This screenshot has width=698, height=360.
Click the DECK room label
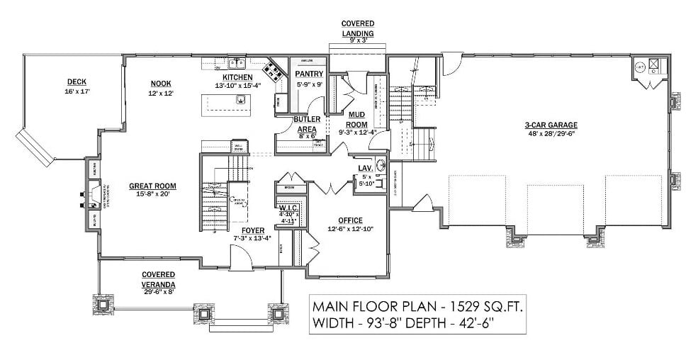tap(77, 81)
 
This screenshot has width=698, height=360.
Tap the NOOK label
tap(160, 83)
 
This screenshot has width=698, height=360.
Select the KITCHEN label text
tap(237, 77)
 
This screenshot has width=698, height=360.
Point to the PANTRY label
tap(309, 74)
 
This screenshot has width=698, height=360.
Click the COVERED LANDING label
tap(357, 28)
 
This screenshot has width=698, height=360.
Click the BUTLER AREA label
tap(306, 124)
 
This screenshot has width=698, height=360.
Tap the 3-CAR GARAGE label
tap(551, 125)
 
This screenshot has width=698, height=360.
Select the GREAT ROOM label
tap(147, 186)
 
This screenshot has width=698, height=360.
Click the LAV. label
tap(365, 168)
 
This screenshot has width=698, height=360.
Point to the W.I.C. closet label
tap(288, 208)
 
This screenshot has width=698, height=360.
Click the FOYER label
tap(252, 230)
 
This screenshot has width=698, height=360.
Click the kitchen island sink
tap(241, 99)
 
